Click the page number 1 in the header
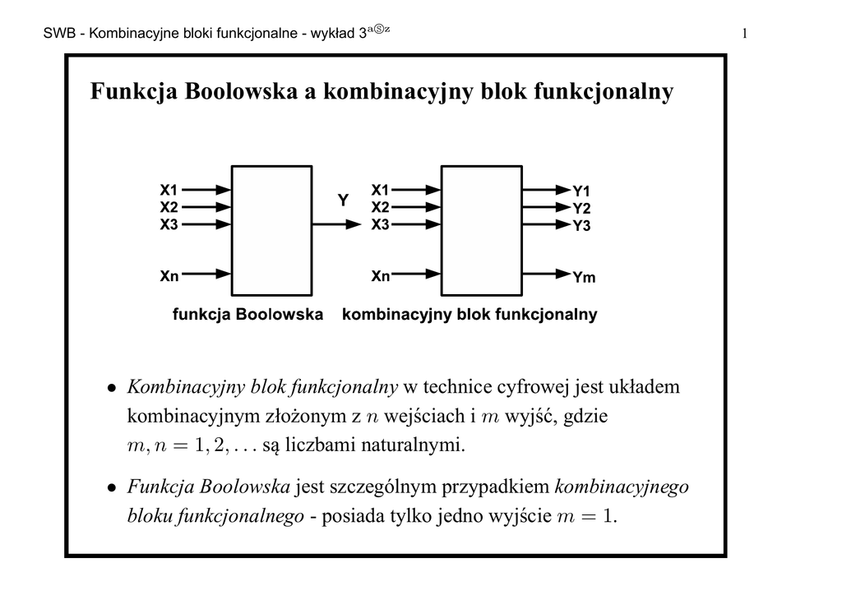tap(744, 34)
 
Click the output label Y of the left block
tap(343, 200)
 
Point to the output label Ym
tap(584, 278)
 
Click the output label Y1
tap(581, 191)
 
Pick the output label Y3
tap(581, 225)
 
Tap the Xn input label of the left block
tap(169, 277)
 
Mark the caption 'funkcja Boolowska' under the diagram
tap(248, 315)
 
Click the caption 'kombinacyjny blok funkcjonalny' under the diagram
tap(469, 315)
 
